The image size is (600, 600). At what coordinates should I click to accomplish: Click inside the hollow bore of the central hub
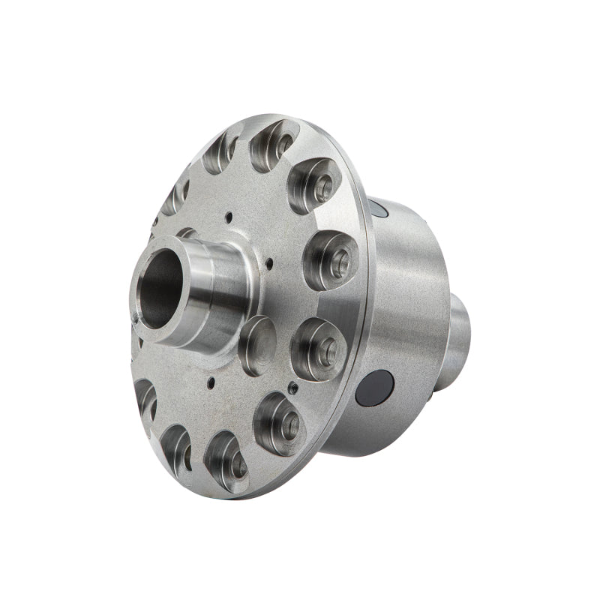point(159,289)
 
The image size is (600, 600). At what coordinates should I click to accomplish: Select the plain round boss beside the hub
point(257,344)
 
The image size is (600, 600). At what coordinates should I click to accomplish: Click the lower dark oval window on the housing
point(375,388)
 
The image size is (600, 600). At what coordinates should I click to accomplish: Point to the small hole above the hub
point(228,217)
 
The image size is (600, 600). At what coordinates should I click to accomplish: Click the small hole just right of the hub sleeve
point(268,262)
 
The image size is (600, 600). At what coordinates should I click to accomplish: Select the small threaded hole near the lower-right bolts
point(291,388)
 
